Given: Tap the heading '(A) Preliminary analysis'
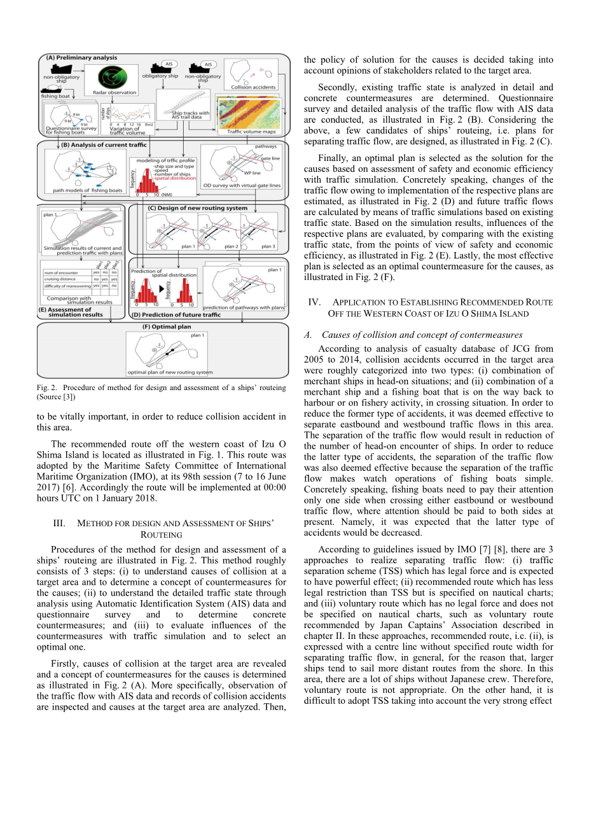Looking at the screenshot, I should pos(81,58).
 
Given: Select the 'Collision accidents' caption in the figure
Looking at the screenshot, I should pos(253,87).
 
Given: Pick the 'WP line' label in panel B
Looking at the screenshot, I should pos(252,172).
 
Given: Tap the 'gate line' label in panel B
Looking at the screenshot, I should pos(270,158).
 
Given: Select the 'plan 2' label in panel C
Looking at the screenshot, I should pos(232,246).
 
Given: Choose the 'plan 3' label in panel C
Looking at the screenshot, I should pos(268,246).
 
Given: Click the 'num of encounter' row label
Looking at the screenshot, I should pos(61,272).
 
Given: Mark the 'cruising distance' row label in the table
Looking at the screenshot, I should pos(60,279).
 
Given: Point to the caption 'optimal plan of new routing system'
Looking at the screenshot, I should pos(170,372).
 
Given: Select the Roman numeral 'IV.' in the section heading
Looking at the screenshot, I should pos(314,302).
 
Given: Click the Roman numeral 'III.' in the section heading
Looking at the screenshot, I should pos(59,523).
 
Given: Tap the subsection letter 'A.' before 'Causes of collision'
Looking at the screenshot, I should pos(308,335).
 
